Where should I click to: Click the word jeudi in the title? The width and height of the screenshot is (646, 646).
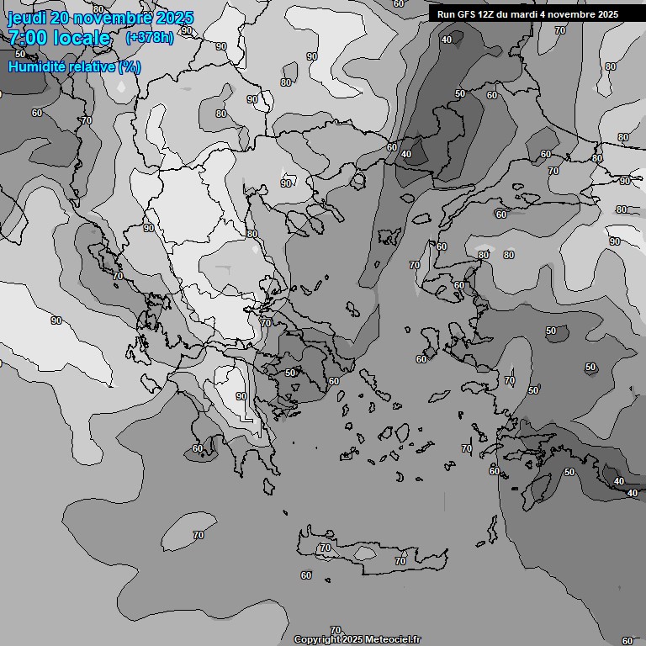coord(27,18)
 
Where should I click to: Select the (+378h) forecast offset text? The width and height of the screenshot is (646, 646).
coord(149,38)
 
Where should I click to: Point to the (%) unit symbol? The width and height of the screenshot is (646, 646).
coord(130,66)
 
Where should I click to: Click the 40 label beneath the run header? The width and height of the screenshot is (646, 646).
coord(446,40)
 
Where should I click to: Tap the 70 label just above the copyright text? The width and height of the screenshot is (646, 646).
coord(336,630)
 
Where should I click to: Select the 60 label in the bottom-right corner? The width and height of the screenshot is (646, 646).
coord(627,641)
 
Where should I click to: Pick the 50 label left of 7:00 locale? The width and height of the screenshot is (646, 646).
coord(20,54)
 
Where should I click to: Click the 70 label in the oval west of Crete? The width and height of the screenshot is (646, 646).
coord(199,535)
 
